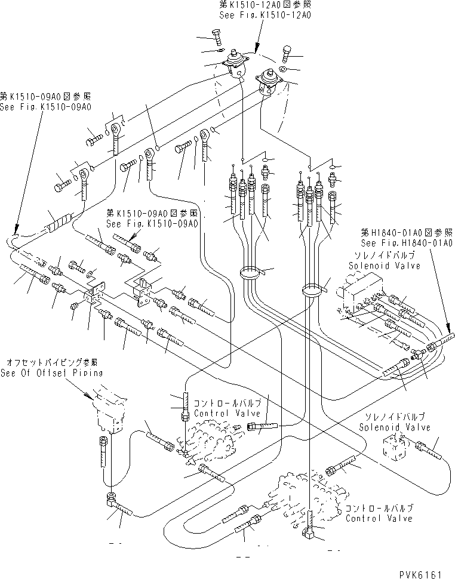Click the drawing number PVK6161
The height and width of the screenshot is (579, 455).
418,574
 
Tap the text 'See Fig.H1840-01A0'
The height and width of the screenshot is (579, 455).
406,243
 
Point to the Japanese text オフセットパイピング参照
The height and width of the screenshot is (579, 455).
52,362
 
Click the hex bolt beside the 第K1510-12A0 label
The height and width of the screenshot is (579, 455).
217,37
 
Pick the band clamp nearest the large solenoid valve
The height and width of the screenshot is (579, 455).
312,291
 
